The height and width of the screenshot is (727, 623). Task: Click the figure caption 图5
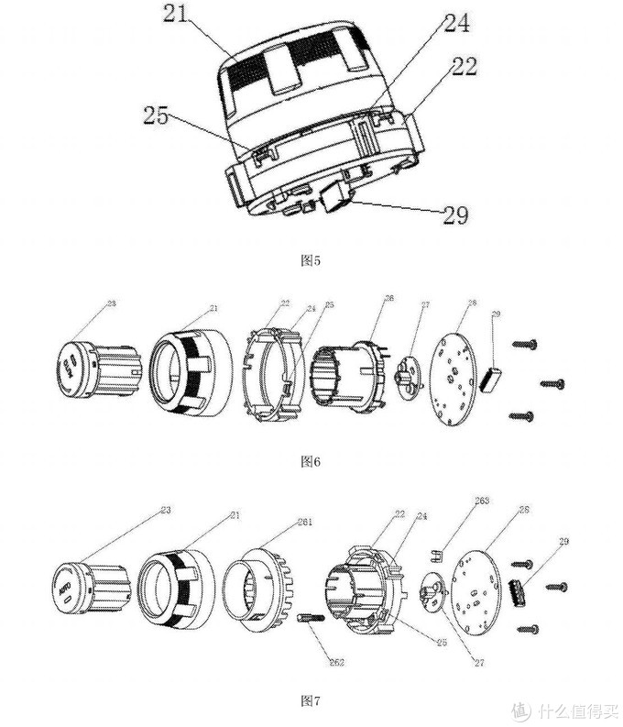[311, 259]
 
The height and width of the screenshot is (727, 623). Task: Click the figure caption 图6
[311, 461]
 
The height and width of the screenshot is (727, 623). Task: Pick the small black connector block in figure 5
[333, 195]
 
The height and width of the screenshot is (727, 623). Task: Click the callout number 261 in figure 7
[304, 522]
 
